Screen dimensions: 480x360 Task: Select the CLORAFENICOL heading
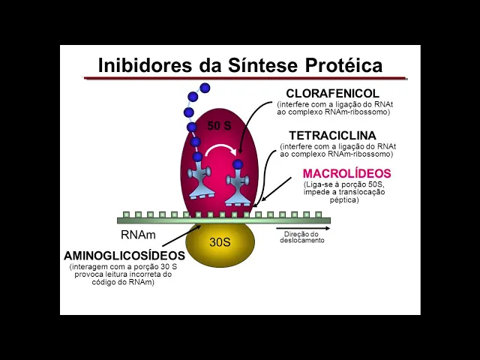click(333, 93)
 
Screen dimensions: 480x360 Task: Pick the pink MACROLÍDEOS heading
click(346, 174)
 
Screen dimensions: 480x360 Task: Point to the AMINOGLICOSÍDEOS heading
click(124, 256)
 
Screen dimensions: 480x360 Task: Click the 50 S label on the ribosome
click(219, 126)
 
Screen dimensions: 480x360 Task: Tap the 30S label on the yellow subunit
click(220, 242)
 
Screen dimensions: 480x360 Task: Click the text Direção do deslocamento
click(303, 237)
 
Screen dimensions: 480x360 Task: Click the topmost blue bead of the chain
click(205, 88)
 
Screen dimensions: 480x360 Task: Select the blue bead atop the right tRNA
click(238, 164)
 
